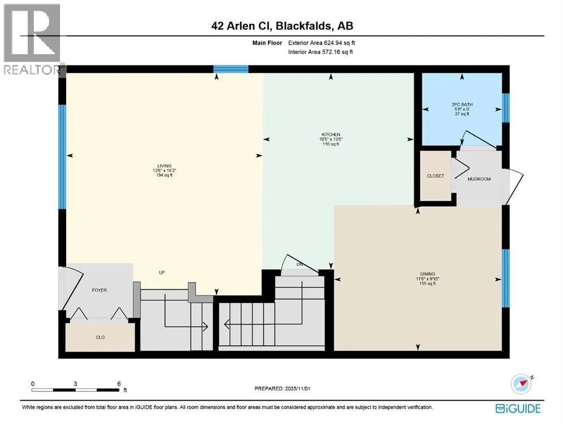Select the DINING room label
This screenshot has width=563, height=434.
(x=428, y=274)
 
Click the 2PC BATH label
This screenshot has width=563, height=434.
(x=460, y=105)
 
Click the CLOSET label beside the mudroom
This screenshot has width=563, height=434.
(x=435, y=176)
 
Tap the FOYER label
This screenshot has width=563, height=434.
(x=99, y=290)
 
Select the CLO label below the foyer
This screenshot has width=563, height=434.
(x=100, y=337)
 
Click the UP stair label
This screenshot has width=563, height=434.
(x=161, y=273)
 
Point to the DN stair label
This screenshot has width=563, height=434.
(x=301, y=264)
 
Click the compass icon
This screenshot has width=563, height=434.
(x=522, y=384)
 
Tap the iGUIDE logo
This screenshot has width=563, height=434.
(x=518, y=408)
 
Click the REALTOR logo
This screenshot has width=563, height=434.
(x=33, y=40)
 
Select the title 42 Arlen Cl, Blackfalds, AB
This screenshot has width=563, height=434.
(x=281, y=25)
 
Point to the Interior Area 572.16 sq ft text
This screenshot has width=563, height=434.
(x=321, y=53)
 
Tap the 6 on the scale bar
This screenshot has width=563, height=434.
(x=119, y=383)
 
